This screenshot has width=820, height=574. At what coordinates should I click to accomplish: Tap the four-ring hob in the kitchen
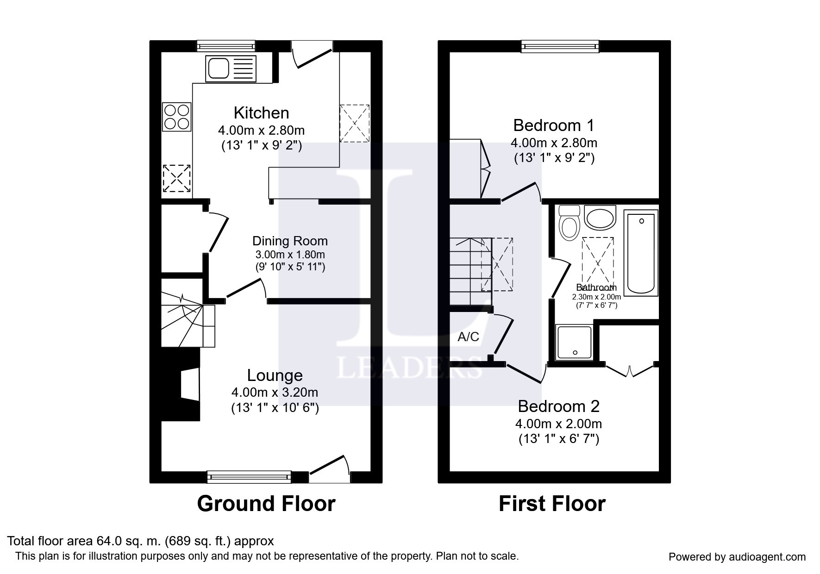tap(177, 117)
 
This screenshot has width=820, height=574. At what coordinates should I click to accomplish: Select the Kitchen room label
tap(261, 112)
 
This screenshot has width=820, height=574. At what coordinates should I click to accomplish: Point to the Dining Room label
tap(290, 241)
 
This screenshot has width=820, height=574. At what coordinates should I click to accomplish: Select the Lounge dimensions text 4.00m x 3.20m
tap(275, 393)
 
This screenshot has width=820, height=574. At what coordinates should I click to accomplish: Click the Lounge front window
tap(249, 476)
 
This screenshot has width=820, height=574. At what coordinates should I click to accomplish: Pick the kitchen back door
tap(313, 55)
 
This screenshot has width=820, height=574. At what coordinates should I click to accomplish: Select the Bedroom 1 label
tap(554, 125)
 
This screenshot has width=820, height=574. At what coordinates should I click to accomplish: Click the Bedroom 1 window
tap(560, 46)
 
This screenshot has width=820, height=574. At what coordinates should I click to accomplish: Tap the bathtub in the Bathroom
tap(641, 253)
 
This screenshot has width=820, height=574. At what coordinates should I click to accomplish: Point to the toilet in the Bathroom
tap(570, 222)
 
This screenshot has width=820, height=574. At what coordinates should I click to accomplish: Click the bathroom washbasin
tap(600, 218)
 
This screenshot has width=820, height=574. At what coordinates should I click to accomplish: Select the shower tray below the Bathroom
tap(575, 343)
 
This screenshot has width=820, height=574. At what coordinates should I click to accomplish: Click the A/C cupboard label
tap(468, 337)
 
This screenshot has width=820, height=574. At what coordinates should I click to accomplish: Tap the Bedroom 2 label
tap(558, 406)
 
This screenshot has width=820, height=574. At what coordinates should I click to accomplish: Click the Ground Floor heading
tap(266, 504)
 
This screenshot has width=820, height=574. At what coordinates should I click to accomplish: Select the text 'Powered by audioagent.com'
tap(737, 557)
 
